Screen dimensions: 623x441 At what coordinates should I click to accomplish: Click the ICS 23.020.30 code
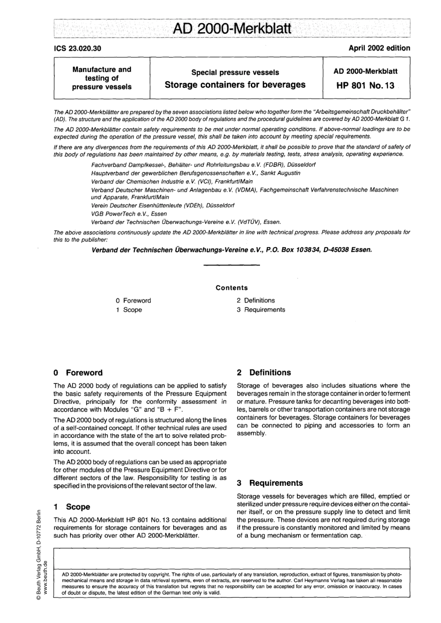tap(78, 48)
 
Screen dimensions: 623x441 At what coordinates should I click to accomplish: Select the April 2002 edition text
tap(379, 48)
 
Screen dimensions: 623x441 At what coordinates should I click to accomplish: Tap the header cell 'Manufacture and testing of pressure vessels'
tap(102, 78)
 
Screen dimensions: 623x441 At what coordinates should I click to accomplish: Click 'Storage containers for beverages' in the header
tap(235, 85)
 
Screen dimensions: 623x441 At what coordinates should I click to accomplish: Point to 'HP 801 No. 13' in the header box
tap(366, 86)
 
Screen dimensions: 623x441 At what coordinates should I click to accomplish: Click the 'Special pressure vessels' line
tap(235, 72)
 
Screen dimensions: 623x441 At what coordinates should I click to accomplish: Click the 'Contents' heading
tap(232, 288)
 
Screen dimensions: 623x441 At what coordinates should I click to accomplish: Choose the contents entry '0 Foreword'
tap(133, 301)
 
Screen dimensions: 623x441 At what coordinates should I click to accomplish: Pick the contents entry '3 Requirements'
tap(261, 310)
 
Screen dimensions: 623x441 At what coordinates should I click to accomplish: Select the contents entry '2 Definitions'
tap(256, 301)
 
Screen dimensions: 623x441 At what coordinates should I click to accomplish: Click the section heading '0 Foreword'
tap(78, 373)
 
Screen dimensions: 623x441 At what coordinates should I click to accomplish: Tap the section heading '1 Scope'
tap(72, 507)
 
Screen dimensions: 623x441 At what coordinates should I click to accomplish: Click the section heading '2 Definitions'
tap(264, 373)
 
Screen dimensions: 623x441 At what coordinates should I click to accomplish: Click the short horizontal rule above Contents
tap(232, 265)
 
